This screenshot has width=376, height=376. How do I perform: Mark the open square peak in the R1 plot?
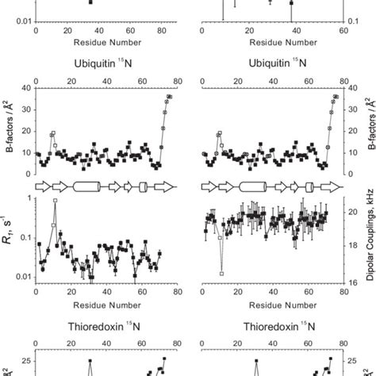click(55, 201)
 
